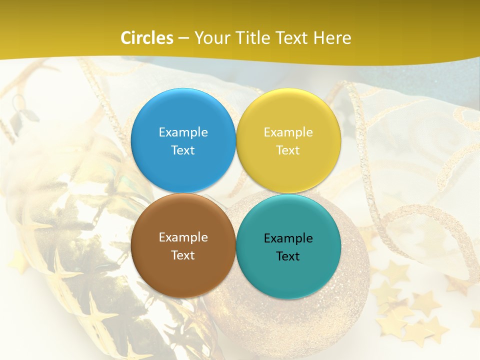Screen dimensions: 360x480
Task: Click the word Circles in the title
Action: pos(147,38)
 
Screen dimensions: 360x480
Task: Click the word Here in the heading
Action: pos(333,38)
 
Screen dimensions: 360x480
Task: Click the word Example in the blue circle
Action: pos(183,132)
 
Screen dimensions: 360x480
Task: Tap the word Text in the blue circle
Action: pos(183,150)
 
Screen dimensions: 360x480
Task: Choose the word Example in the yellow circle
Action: pos(288,132)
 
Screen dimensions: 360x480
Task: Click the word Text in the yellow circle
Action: pos(288,150)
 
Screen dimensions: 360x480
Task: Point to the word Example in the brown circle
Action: pos(183,237)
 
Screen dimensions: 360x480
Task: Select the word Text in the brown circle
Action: pos(183,255)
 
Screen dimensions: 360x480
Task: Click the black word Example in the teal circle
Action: pos(288,238)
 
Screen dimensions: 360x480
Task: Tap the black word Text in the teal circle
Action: pos(288,256)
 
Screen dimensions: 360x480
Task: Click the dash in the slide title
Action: pos(183,38)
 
